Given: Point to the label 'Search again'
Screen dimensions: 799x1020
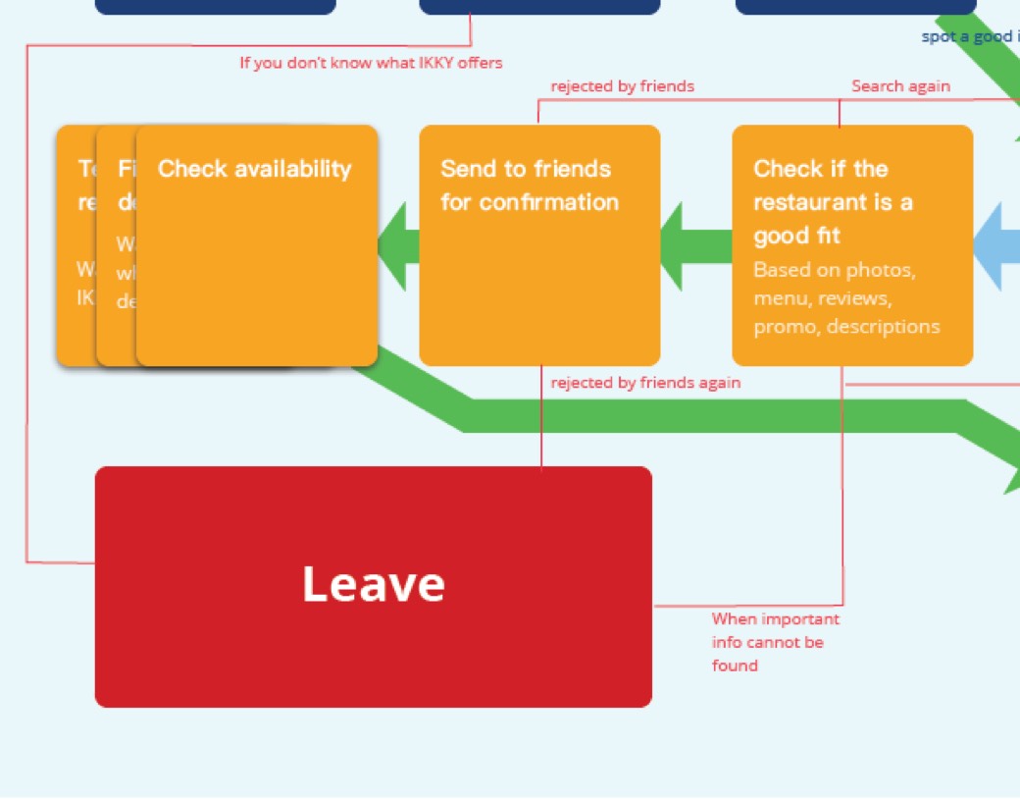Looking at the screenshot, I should (900, 86).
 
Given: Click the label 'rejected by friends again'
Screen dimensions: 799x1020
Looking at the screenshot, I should (645, 383).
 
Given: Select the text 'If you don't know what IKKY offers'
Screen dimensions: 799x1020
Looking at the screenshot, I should (371, 63).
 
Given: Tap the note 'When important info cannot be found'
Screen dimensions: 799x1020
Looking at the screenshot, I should (775, 642).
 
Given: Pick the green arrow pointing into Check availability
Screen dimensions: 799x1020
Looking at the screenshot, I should (397, 245).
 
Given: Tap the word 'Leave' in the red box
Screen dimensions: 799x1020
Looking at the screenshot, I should (373, 584).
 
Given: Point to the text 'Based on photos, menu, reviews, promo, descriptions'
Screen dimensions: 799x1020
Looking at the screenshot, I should (846, 298).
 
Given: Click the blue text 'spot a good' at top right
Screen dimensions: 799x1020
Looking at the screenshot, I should (966, 37).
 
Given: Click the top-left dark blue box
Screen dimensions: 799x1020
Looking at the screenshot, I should (216, 6).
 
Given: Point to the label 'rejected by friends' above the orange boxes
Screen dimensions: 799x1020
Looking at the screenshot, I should (622, 86).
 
